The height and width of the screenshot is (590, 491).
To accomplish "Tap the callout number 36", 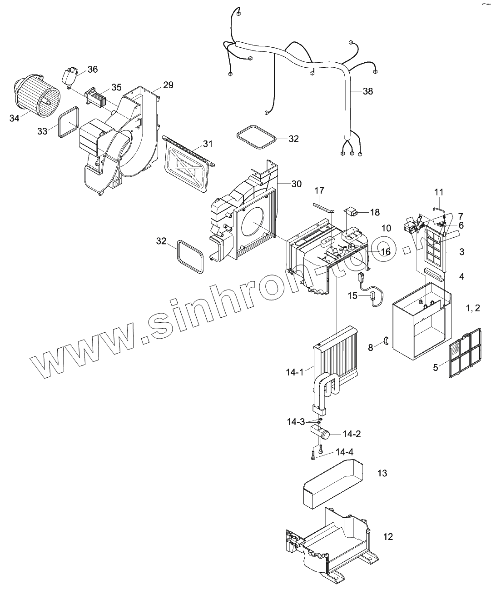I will click(93, 70).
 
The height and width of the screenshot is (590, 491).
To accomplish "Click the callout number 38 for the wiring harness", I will click(368, 91).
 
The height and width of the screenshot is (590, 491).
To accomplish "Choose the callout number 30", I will click(296, 184).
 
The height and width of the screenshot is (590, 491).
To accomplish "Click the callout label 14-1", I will click(294, 372).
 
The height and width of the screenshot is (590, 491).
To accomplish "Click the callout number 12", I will click(387, 537).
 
